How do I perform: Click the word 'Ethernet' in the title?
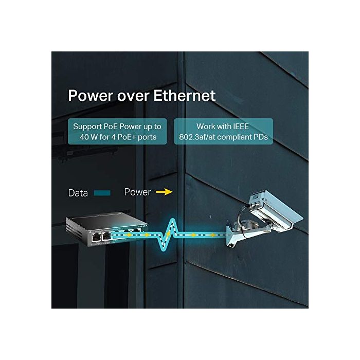pos(181,96)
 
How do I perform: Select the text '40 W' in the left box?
pos(85,137)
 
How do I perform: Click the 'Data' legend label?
pos(78,193)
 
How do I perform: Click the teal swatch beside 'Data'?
pos(102,193)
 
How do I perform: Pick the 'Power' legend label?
pos(138,192)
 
